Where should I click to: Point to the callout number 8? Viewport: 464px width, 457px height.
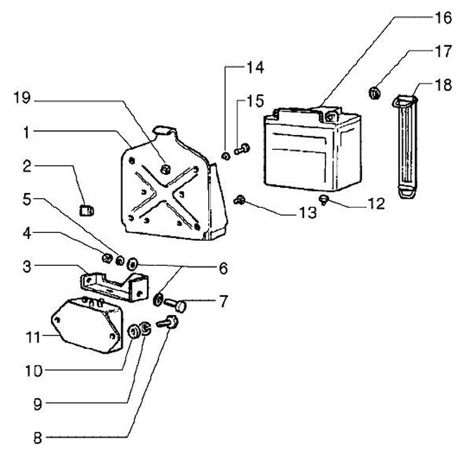(x=38, y=437)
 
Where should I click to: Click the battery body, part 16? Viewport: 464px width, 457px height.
(x=312, y=152)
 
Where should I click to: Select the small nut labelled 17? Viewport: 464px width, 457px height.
(x=374, y=94)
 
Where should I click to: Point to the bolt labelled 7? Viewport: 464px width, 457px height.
(x=179, y=304)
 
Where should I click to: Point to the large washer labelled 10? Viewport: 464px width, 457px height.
(x=135, y=332)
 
